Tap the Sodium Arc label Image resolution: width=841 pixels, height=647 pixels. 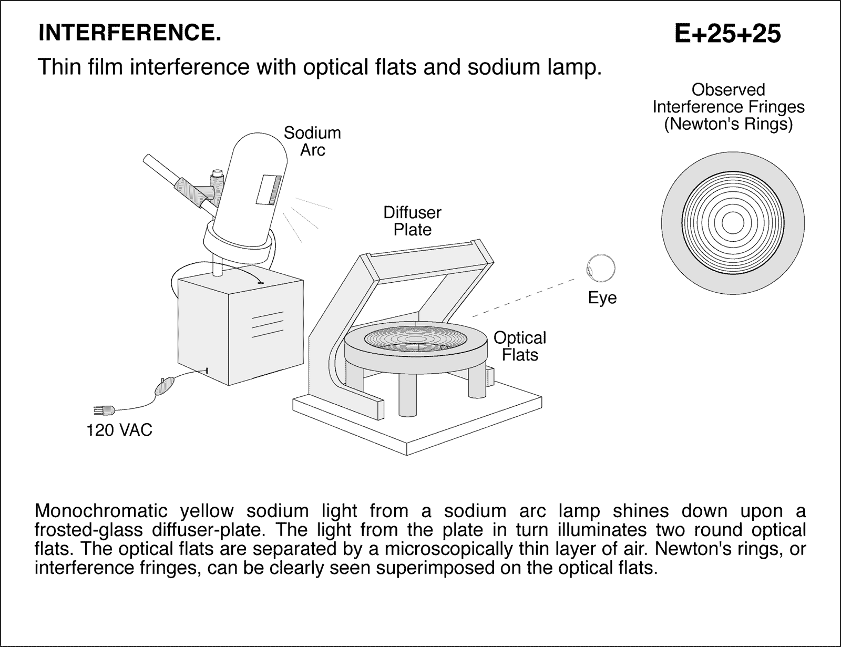point(312,141)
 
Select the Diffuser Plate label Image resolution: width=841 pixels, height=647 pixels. point(412,221)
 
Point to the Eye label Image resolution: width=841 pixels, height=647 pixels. point(602,298)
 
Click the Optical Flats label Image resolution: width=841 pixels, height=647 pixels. point(519,346)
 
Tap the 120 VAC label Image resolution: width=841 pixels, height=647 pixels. point(119,430)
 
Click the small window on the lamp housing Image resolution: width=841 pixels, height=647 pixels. point(269,190)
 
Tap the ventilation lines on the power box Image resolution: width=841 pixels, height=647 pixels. point(268,324)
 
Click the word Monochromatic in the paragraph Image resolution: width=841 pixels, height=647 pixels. point(101,511)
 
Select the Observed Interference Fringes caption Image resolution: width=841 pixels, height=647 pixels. point(728,107)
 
